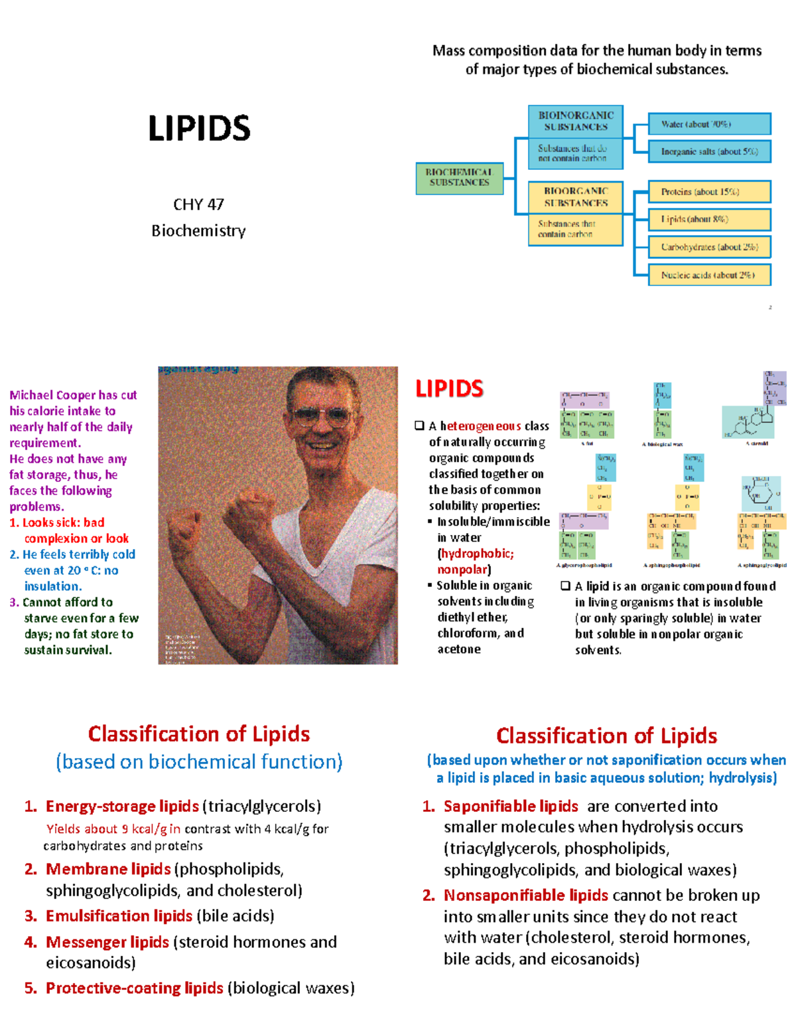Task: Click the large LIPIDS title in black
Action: (x=199, y=129)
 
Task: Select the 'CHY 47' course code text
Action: (x=198, y=204)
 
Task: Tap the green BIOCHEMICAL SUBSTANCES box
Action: (x=459, y=178)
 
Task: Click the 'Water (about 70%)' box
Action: (x=708, y=124)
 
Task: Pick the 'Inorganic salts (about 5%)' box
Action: (x=708, y=151)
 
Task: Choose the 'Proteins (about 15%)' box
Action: (x=708, y=192)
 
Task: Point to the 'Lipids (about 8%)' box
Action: (x=708, y=219)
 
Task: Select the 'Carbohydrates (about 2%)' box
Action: (x=708, y=247)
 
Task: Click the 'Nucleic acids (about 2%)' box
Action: (x=708, y=275)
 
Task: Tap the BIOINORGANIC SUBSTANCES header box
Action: (x=575, y=121)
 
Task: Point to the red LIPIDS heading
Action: (x=449, y=389)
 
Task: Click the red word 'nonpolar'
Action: (x=462, y=570)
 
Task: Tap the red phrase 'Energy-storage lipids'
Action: (x=122, y=807)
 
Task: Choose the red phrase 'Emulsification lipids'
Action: (x=119, y=916)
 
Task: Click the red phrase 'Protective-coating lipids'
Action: (x=134, y=989)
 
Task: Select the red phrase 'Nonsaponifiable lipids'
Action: (x=525, y=896)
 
